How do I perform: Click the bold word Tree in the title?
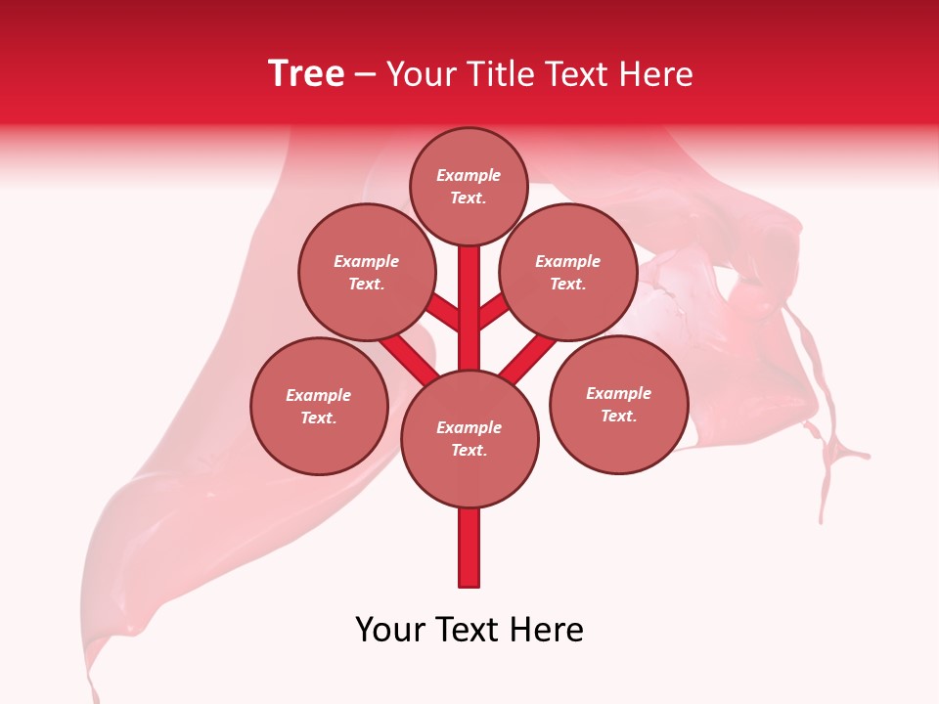[x=306, y=74]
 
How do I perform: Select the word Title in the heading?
[x=496, y=74]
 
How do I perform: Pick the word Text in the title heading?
[x=576, y=74]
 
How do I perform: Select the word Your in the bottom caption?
[x=390, y=630]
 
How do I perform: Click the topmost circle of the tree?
[x=469, y=186]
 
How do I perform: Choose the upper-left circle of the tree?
[x=367, y=272]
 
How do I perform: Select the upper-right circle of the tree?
[x=568, y=272]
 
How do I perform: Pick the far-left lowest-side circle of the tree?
[x=319, y=406]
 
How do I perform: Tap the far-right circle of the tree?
[x=618, y=404]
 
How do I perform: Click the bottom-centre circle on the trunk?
[x=469, y=438]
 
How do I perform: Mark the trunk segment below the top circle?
[x=469, y=293]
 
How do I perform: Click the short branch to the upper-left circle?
[x=443, y=312]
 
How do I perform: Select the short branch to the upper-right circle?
[x=494, y=312]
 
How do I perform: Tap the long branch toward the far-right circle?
[x=526, y=359]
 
